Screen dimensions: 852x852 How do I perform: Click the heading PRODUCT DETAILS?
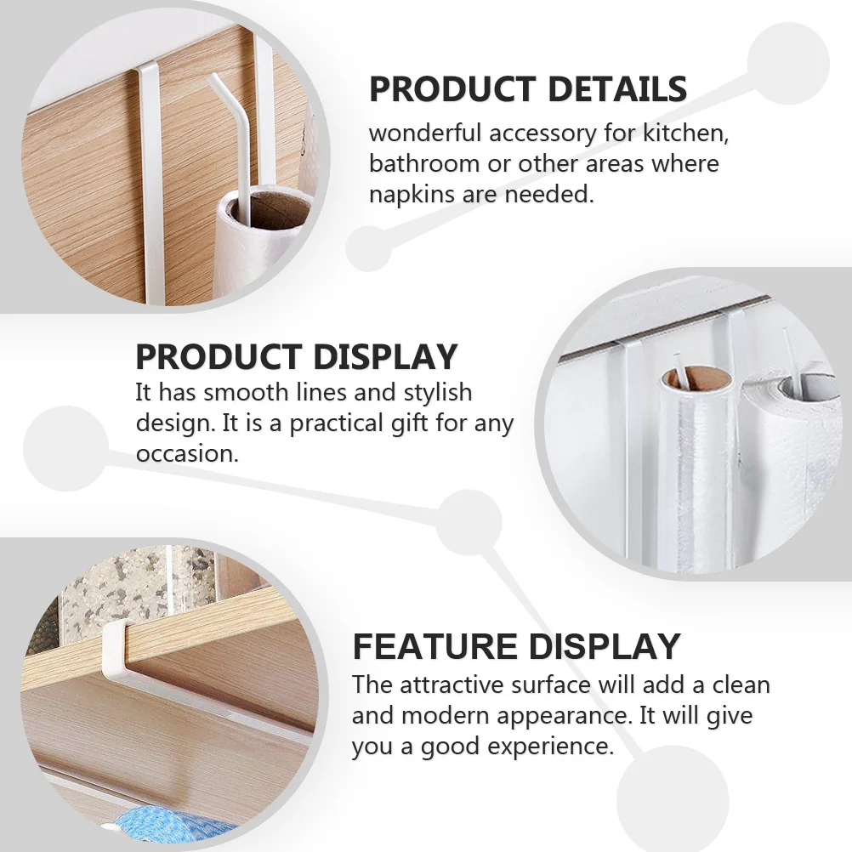click(x=527, y=89)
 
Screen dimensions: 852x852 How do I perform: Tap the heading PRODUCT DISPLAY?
click(x=297, y=357)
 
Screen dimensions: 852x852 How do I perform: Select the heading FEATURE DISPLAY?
click(x=516, y=647)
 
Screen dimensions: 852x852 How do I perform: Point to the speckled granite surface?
click(x=128, y=587)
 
